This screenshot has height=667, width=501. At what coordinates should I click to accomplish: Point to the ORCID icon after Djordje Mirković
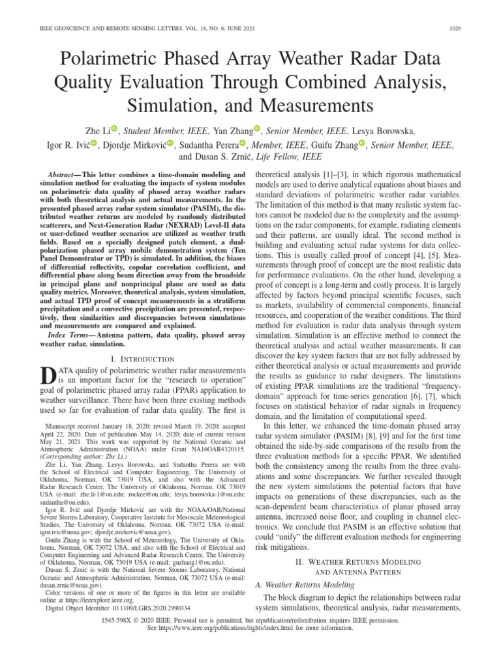click(171, 143)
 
